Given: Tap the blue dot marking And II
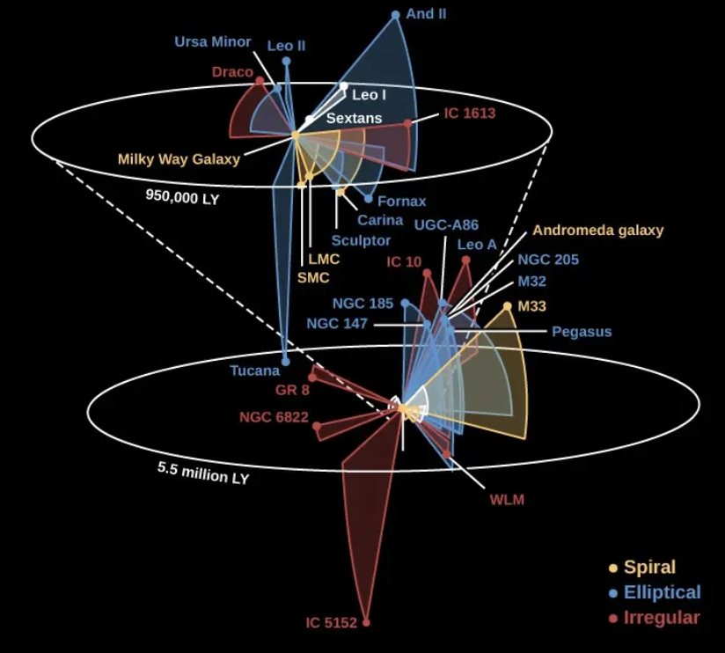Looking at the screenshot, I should (396, 15).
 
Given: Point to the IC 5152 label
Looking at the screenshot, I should (331, 623).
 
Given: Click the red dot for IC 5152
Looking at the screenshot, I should (366, 623).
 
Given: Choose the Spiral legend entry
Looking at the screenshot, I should (649, 568).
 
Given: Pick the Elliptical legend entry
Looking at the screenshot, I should (662, 592).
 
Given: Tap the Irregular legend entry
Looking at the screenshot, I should (661, 618).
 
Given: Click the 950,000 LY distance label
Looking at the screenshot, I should (182, 198).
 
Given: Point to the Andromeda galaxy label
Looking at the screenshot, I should (598, 231).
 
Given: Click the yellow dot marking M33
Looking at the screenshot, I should (508, 306).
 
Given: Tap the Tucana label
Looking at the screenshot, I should (255, 371).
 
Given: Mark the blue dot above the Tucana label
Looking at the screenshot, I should (285, 360).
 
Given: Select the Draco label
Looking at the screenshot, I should (232, 72).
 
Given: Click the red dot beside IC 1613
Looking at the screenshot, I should (407, 124).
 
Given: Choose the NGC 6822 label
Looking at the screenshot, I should (274, 417).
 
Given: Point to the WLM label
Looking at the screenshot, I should (506, 500).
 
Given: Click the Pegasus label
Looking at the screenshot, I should (582, 332).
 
